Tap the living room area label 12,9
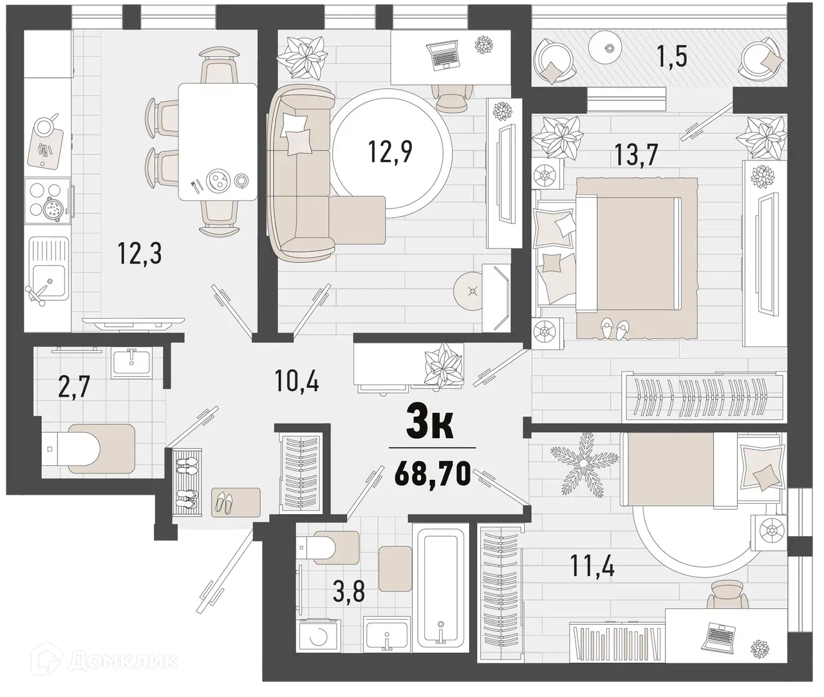tap(389, 152)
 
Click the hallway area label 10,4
tap(298, 382)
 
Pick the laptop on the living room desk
tap(444, 57)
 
